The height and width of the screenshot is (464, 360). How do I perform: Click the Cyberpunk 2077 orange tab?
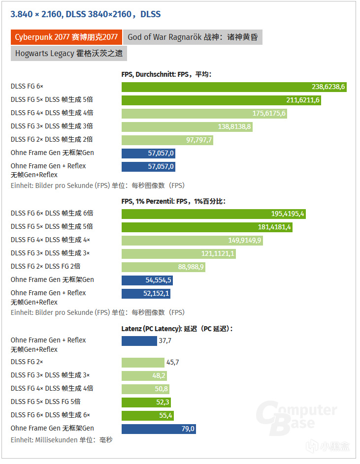tap(65, 37)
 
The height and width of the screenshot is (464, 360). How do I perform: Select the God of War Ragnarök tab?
tap(193, 37)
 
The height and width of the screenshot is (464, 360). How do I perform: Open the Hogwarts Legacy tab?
tap(68, 53)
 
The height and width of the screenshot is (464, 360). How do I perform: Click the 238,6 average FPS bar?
tap(234, 87)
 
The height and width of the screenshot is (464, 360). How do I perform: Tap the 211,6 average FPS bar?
tap(222, 100)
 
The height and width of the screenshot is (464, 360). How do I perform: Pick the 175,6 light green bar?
tap(204, 114)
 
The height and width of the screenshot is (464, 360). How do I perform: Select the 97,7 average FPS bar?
tap(167, 140)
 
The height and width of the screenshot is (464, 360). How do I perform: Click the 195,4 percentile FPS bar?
tap(214, 214)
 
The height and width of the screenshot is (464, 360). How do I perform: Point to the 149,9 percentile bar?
tap(193, 241)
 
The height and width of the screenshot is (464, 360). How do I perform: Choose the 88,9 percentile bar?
tap(164, 267)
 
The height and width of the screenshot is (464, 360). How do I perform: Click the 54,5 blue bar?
tap(147, 280)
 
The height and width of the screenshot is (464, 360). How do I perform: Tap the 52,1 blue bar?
tap(146, 294)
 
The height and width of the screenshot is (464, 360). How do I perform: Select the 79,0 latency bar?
tap(159, 429)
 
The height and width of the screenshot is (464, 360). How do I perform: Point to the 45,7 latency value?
tap(173, 363)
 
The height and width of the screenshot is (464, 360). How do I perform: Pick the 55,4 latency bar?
tap(148, 416)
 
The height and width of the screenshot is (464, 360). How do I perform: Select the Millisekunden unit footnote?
tap(62, 440)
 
